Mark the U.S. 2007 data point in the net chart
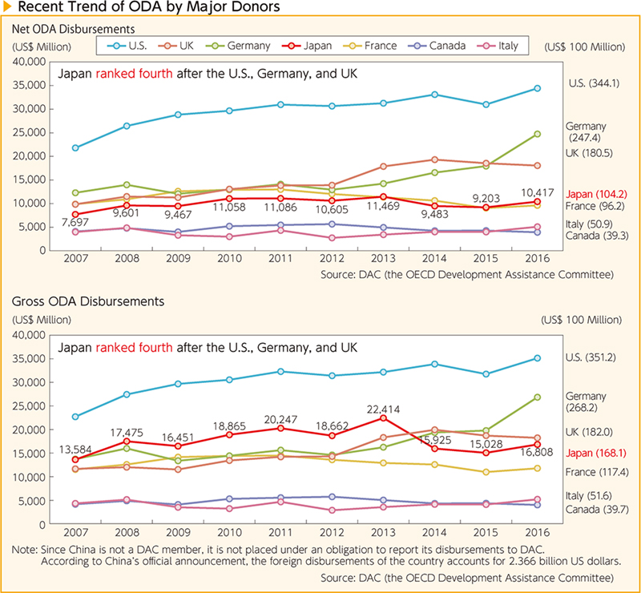click(75, 148)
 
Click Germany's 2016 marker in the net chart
click(537, 134)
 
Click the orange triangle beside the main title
click(6, 10)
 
